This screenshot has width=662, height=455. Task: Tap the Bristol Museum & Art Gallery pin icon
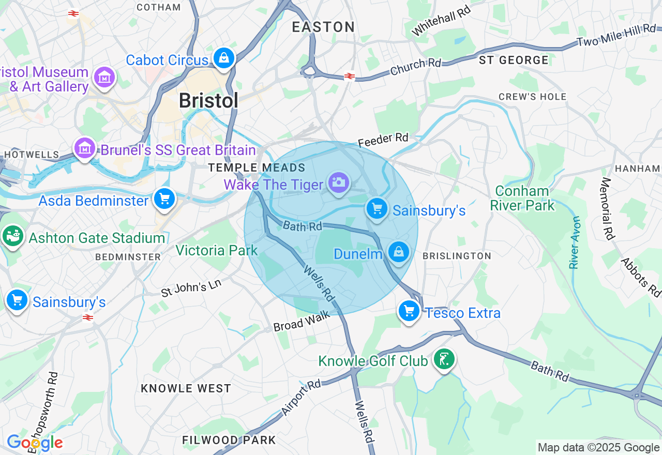pos(104,78)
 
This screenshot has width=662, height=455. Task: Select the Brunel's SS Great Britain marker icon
pos(85,149)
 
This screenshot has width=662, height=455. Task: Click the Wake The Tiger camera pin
pos(338,182)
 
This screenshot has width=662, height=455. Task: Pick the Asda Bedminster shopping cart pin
pos(164,198)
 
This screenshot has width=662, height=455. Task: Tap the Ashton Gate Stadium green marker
pos(13,236)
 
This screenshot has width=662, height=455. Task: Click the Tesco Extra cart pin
pos(409,311)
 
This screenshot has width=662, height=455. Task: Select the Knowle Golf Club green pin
pos(444,358)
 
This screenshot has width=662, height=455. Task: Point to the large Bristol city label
pos(208,100)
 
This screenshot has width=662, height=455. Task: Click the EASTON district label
pos(323,27)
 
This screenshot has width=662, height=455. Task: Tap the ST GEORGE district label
pos(514,60)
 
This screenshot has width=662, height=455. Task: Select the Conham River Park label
pos(522,198)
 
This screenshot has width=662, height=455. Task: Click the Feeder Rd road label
pos(383,139)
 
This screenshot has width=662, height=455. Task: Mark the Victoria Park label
pos(216,251)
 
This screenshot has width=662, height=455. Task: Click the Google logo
pos(35,443)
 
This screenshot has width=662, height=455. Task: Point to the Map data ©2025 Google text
pos(598,448)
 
